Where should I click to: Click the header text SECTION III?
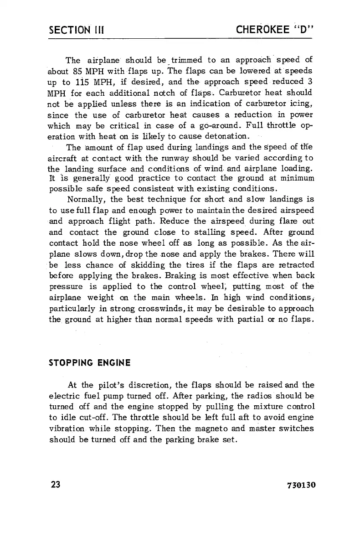coord(77,31)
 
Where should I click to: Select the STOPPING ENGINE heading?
coord(90,363)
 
